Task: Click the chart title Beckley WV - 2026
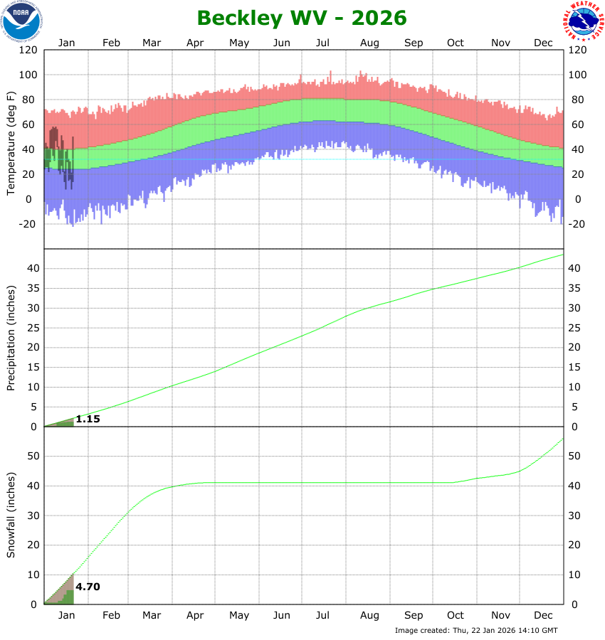point(302,17)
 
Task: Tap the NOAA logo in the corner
point(21,21)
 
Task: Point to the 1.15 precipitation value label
point(88,420)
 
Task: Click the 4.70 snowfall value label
point(88,587)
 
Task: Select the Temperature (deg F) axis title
point(11,143)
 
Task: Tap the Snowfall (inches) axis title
point(11,516)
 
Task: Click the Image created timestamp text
point(476,631)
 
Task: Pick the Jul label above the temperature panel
point(323,43)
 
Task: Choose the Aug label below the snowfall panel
point(369,616)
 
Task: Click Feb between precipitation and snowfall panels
point(112,616)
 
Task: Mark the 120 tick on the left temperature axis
point(28,50)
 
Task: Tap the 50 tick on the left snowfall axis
point(31,456)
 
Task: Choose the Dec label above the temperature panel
point(544,43)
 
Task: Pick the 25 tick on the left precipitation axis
point(31,328)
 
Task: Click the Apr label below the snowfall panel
point(196,616)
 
